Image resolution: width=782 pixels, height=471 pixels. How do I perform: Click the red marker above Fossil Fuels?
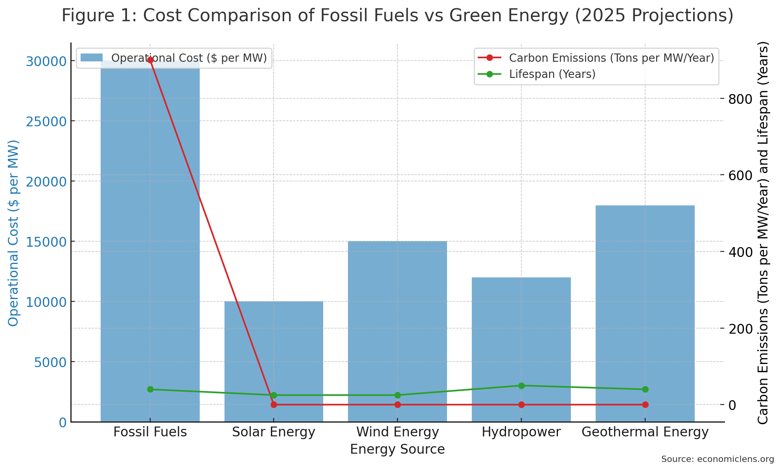(x=150, y=60)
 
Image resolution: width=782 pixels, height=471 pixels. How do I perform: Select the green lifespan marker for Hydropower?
(x=521, y=386)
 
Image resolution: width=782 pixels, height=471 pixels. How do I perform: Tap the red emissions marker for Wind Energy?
(x=397, y=405)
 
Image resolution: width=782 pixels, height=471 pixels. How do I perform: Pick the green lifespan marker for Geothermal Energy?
(x=645, y=390)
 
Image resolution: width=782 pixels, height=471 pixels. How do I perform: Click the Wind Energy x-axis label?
(x=397, y=432)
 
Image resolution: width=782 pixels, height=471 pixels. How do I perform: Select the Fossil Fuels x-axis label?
(x=150, y=432)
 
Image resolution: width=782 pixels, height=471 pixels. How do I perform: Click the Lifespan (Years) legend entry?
(x=552, y=74)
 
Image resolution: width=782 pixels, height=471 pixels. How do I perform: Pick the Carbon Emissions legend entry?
(x=611, y=58)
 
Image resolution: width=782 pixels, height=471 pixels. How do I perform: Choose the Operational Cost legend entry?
(x=189, y=58)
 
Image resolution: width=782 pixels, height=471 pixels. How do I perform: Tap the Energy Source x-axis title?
(x=397, y=449)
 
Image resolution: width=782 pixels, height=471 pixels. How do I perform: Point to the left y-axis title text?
(x=14, y=233)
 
